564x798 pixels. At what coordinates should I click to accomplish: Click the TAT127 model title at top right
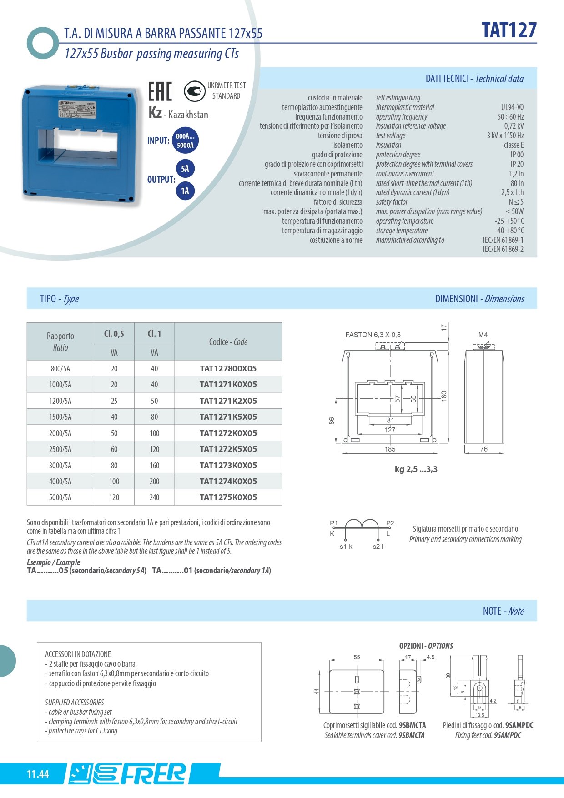point(509,30)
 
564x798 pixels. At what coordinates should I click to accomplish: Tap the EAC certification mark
point(160,91)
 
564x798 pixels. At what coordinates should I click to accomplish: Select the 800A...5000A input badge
point(185,141)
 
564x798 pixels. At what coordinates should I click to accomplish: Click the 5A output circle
point(185,169)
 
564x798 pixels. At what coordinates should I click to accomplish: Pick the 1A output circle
point(185,191)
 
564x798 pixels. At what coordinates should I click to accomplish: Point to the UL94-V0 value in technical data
point(512,107)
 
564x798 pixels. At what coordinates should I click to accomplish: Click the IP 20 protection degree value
point(517,164)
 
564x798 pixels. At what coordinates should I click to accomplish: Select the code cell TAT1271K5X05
point(228,417)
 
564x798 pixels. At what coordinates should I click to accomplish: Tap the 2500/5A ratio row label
point(60,449)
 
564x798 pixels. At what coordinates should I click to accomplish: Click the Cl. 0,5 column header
point(114,334)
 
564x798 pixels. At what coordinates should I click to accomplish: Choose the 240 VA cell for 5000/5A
point(154,497)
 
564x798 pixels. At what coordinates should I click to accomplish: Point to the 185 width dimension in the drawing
point(390,449)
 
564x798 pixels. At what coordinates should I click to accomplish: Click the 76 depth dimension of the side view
point(483,449)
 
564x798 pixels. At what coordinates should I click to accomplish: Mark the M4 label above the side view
point(483,335)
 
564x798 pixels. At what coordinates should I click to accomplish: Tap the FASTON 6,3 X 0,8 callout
point(373,335)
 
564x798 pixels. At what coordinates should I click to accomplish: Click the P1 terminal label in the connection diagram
point(334,523)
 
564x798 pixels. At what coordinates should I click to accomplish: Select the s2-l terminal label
point(378,547)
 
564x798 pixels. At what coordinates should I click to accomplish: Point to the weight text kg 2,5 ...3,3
point(416,469)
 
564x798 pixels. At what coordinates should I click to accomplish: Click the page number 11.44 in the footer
point(38,774)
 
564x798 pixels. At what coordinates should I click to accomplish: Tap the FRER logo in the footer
point(128,773)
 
